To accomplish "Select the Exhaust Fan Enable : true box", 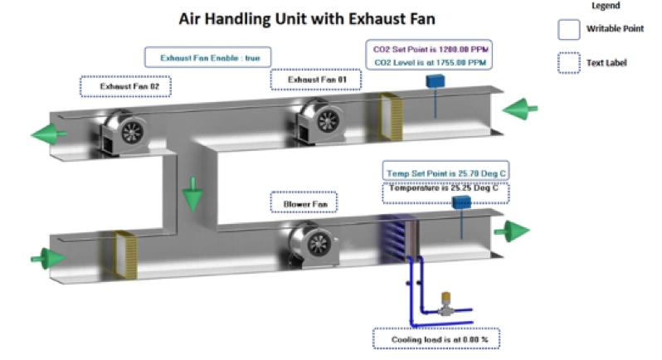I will coord(208,57).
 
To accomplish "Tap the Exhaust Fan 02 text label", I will coord(124,85).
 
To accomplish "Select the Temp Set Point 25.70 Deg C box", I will coord(445,173).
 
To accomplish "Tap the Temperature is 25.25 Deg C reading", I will coord(445,188).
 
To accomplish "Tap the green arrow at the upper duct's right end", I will coord(520,108).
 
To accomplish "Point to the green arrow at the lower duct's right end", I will coord(511,230).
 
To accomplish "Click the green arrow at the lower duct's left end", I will coord(48,257).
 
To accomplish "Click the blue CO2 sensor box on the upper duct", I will coord(435,81).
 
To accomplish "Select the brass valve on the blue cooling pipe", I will coord(446,302).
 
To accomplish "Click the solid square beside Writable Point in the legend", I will coord(568,30).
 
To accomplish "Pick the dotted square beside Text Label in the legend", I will coord(568,62).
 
